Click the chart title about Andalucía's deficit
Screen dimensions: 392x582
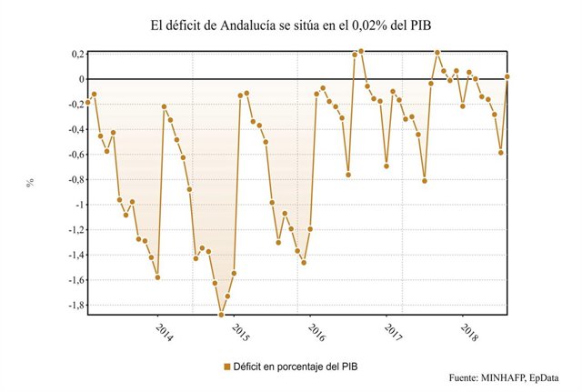pyautogui.click(x=291, y=25)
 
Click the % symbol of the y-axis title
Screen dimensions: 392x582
pyautogui.click(x=30, y=181)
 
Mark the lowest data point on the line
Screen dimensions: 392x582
pyautogui.click(x=221, y=316)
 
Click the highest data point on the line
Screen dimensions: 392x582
pyautogui.click(x=361, y=51)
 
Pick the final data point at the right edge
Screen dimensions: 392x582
pyautogui.click(x=507, y=76)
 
